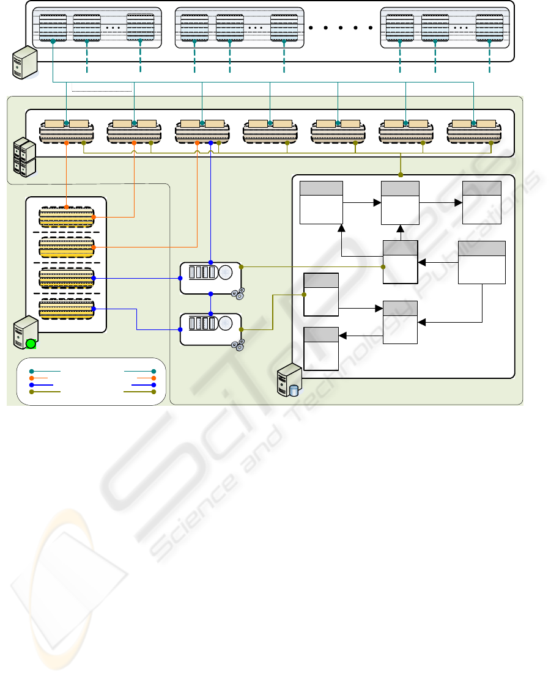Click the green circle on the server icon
(x=31, y=344)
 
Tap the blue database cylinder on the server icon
(x=294, y=390)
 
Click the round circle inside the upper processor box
(x=226, y=272)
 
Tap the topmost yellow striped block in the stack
(x=66, y=216)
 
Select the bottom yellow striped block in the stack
(x=66, y=309)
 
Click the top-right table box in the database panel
(x=482, y=203)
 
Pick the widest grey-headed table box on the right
(x=482, y=262)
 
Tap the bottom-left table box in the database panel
(x=321, y=348)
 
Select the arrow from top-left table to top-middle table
(x=361, y=203)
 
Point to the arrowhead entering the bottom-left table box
(x=342, y=336)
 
